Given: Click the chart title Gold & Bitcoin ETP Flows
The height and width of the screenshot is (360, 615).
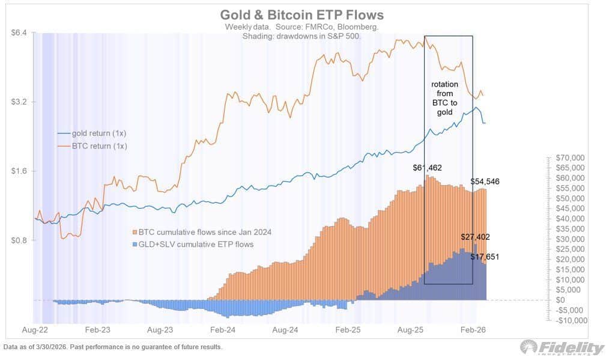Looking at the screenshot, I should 301,14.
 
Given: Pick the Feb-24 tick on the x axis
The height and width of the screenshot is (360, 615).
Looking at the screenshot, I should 222,330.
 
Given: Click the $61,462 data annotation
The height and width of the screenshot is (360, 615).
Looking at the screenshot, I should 426,168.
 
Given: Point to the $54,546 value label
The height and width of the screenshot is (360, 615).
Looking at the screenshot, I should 485,181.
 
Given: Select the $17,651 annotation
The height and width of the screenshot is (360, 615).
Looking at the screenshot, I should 484,257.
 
